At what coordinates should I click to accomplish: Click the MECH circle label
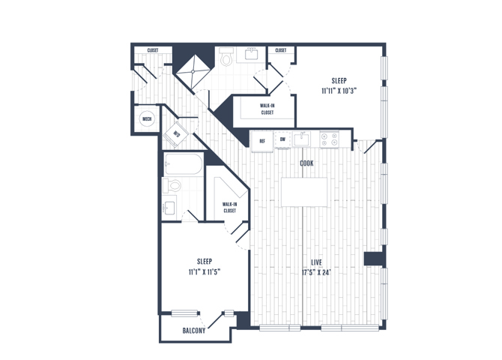[x=147, y=119]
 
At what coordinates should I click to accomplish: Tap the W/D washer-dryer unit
[x=175, y=134]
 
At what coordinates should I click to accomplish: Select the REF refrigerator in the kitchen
[x=262, y=141]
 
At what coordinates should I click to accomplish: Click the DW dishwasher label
[x=282, y=139]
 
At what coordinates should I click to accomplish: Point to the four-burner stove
[x=330, y=139]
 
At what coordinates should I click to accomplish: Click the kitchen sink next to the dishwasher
[x=301, y=139]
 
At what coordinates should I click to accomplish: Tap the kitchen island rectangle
[x=304, y=192]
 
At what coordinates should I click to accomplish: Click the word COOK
[x=306, y=163]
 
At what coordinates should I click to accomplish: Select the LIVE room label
[x=316, y=262]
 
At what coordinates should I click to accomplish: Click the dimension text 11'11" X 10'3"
[x=339, y=91]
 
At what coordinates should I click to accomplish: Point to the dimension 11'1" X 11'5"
[x=205, y=272]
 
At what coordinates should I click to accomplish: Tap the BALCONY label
[x=194, y=331]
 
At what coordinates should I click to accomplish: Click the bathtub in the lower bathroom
[x=183, y=163]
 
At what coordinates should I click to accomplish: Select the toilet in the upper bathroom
[x=227, y=56]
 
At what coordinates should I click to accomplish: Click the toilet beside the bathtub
[x=172, y=185]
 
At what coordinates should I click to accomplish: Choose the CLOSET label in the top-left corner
[x=153, y=50]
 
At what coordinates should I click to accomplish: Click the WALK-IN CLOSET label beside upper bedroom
[x=267, y=109]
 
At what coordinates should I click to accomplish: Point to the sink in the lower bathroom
[x=169, y=208]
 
